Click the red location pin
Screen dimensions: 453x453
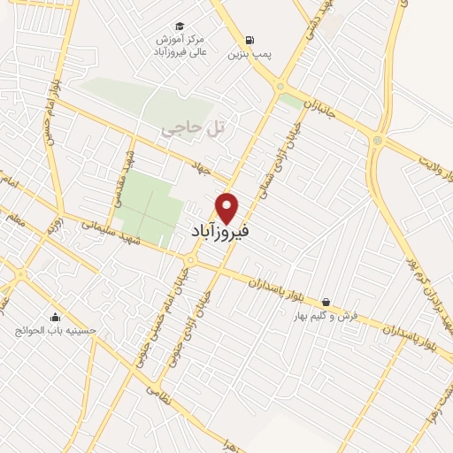coord(228,206)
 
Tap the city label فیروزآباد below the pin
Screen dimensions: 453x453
coord(220,232)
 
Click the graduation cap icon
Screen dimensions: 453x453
coord(180,27)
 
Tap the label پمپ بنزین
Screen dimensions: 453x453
coord(247,55)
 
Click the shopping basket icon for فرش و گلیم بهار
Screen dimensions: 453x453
coord(327,302)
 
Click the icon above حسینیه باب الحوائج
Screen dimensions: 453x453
coord(56,317)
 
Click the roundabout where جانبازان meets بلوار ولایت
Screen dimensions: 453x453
coord(378,139)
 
